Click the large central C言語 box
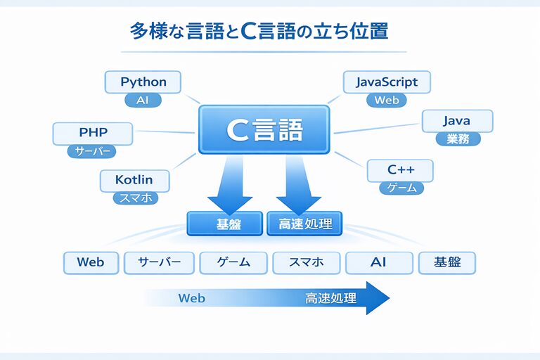264,129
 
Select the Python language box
143,82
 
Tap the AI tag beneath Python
143,101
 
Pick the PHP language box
92,131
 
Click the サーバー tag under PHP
91,151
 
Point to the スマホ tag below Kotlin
136,198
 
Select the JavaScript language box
387,82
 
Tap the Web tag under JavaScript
387,100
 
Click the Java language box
456,121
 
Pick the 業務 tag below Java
458,139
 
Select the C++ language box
400,170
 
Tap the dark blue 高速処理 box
304,224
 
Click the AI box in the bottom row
378,262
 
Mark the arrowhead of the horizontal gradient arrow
376,298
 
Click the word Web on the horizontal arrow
191,298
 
